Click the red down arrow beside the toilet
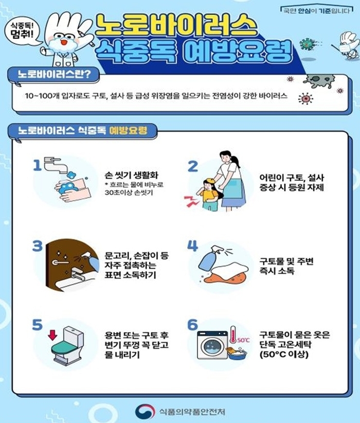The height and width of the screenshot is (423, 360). pos(52,336)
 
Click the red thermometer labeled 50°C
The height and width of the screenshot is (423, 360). pos(232,335)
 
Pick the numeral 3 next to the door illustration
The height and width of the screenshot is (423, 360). pos(38,246)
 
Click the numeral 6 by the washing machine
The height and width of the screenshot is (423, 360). pos(192,325)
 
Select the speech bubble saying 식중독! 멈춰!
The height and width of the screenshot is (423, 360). pos(23,30)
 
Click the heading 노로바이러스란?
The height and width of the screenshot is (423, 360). pos(54,74)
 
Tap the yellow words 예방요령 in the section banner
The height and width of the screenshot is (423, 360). pos(128,131)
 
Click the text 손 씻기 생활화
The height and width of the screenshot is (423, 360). pos(131,175)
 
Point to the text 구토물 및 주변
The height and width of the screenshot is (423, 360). pos(286,261)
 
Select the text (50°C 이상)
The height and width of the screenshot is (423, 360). pos(284,354)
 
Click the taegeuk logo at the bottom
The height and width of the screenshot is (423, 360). pos(146,411)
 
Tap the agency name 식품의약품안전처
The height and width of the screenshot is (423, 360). pos(192,412)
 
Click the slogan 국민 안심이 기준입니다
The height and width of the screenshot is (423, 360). pos(316,10)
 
